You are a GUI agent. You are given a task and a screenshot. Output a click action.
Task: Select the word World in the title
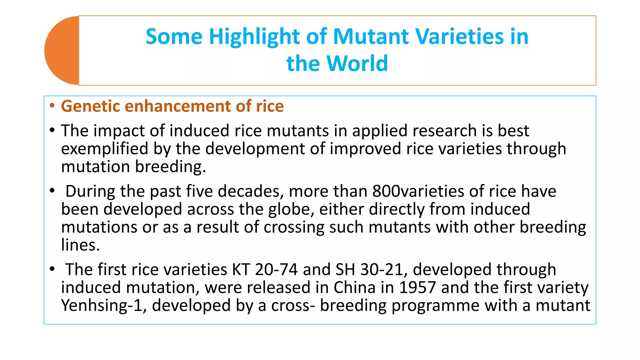point(357,64)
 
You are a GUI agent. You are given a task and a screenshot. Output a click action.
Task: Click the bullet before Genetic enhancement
point(52,106)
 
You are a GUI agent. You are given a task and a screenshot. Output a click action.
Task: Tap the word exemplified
point(104,149)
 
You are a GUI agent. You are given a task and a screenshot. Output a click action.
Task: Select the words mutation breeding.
point(133,167)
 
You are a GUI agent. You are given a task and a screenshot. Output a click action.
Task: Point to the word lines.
point(80,245)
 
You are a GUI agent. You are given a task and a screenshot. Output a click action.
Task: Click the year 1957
point(417,287)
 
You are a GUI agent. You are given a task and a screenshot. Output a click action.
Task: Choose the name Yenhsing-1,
point(104,306)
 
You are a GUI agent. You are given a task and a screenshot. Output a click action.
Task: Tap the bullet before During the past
point(52,191)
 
